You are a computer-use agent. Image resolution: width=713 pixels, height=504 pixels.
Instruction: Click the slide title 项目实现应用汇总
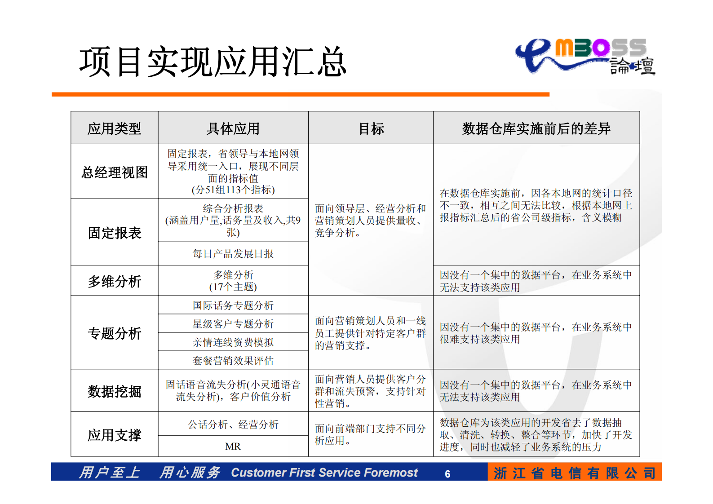tap(213, 62)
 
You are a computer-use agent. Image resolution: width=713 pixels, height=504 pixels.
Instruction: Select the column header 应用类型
tap(114, 128)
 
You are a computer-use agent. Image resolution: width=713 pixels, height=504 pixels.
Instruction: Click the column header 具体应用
tap(233, 128)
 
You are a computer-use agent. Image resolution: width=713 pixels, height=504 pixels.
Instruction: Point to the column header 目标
tap(371, 128)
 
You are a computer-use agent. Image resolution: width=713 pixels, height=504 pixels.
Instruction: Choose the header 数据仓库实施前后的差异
tap(536, 128)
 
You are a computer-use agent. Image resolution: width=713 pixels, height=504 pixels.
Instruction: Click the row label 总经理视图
tap(114, 172)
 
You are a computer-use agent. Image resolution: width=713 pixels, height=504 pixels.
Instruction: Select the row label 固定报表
tap(114, 233)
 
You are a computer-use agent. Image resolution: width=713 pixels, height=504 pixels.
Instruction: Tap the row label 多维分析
tap(114, 281)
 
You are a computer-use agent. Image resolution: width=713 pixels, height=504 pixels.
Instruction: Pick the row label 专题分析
tap(114, 333)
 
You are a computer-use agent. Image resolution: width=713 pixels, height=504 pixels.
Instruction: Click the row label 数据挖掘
tap(114, 391)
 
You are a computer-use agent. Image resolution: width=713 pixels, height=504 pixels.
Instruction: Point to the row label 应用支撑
tap(114, 435)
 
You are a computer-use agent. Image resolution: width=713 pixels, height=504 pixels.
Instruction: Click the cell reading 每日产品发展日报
tap(233, 254)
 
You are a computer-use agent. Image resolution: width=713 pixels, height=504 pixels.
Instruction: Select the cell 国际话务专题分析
tap(233, 305)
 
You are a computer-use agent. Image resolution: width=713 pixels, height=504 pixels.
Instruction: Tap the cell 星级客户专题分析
tap(233, 324)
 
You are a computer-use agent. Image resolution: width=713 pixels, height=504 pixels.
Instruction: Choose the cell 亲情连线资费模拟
tap(233, 342)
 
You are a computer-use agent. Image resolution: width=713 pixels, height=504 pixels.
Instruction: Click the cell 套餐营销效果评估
tap(233, 361)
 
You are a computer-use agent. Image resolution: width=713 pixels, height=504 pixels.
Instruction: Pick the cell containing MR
tap(233, 447)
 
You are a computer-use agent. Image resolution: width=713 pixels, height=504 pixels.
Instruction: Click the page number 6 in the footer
tap(447, 474)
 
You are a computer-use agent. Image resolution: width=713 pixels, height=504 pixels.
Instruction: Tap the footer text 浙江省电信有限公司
tap(574, 473)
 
